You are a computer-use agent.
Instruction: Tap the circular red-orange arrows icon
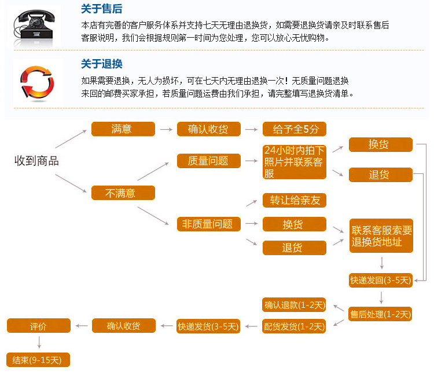(x=36, y=83)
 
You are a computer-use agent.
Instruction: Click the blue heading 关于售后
(x=101, y=9)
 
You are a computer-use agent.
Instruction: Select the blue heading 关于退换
(x=101, y=64)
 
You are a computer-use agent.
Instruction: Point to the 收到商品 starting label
(x=36, y=161)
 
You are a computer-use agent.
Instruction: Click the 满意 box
(x=123, y=129)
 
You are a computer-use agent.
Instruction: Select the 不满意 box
(x=123, y=193)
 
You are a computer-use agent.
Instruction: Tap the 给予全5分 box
(x=295, y=129)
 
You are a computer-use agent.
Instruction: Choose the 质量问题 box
(x=208, y=161)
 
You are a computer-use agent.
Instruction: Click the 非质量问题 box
(x=208, y=224)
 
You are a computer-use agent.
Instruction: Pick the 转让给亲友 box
(x=295, y=201)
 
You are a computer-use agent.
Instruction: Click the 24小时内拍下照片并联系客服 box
(x=295, y=162)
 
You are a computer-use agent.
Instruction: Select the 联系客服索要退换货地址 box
(x=381, y=236)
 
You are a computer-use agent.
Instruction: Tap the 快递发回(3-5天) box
(x=380, y=280)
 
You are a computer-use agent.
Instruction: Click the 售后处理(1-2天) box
(x=380, y=314)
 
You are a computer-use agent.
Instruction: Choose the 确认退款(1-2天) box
(x=295, y=304)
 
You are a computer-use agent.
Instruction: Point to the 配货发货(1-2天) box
(x=295, y=326)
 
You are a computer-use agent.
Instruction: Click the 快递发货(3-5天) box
(x=208, y=326)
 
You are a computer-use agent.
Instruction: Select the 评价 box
(x=38, y=326)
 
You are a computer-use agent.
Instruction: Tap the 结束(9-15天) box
(x=38, y=360)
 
